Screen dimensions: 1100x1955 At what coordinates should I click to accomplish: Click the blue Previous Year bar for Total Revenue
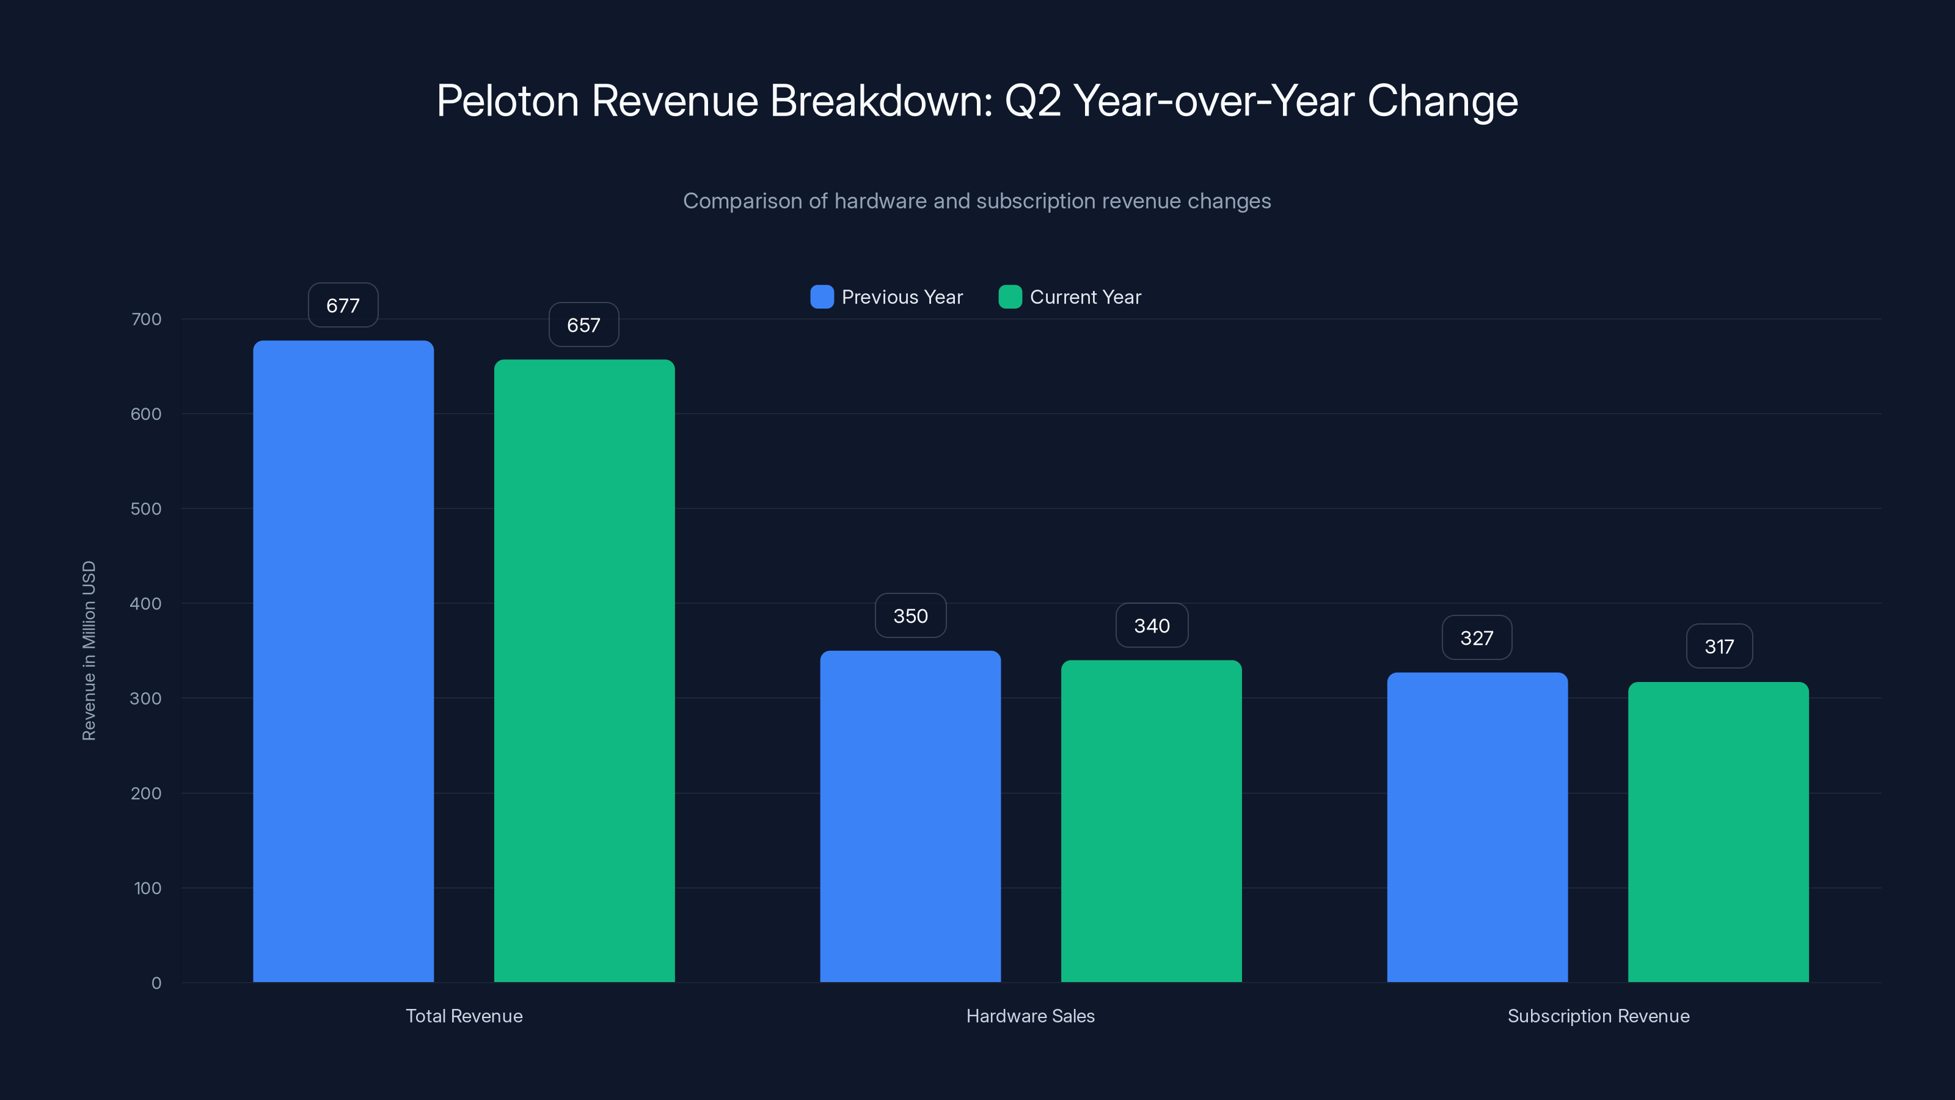(x=343, y=661)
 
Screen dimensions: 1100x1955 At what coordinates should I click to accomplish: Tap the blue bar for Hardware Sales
(x=910, y=816)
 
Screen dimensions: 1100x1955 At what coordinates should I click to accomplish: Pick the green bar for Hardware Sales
(x=1151, y=821)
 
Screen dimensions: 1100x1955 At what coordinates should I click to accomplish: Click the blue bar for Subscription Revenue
(x=1477, y=827)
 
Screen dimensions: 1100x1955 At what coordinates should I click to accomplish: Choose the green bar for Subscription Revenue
(x=1718, y=831)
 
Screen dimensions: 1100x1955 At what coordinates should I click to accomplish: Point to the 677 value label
(x=343, y=305)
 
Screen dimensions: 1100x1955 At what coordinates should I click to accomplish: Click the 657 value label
(x=583, y=325)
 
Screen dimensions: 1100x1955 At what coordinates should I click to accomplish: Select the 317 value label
(x=1719, y=646)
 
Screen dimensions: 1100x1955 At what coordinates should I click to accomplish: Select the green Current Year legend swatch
(x=1010, y=297)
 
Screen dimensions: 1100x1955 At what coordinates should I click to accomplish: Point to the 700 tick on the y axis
(x=147, y=319)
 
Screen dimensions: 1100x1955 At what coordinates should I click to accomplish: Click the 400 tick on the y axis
(x=146, y=604)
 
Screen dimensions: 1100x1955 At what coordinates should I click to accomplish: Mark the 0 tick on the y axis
(x=156, y=983)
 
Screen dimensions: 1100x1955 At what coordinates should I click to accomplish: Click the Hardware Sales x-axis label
(x=1030, y=1016)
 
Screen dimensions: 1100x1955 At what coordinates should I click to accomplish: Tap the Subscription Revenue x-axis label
(x=1598, y=1016)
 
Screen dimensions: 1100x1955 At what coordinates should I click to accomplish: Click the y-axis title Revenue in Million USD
(x=89, y=651)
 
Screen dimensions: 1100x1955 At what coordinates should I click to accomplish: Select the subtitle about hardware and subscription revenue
(x=977, y=201)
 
